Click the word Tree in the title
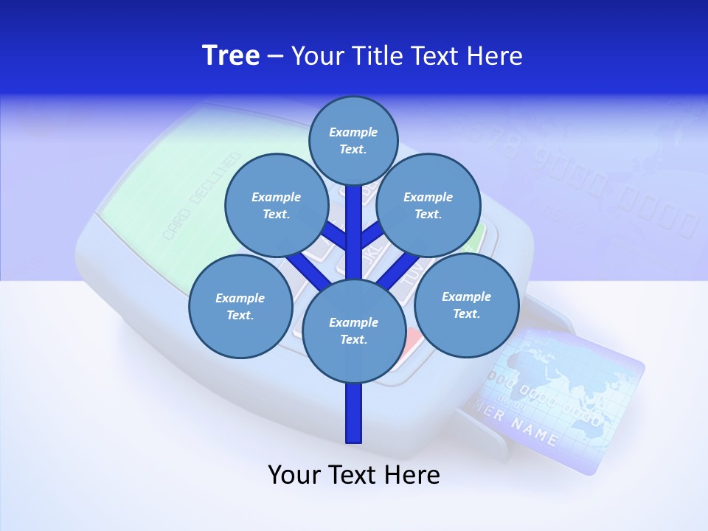[x=231, y=55]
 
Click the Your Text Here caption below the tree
[x=353, y=475]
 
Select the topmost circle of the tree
[x=353, y=140]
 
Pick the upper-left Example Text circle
[x=276, y=205]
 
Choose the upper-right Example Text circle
[x=428, y=205]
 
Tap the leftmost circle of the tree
[x=240, y=306]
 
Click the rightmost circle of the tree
[x=466, y=305]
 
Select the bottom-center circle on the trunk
[x=354, y=331]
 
